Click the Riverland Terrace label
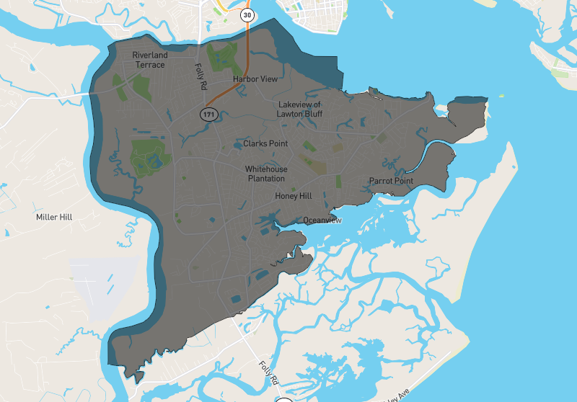point(149,60)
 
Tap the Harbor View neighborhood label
point(255,79)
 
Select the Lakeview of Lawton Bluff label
point(299,109)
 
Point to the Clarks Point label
point(265,143)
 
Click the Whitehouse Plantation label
point(266,173)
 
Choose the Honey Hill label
point(293,195)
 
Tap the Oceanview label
point(322,220)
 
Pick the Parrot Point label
point(391,180)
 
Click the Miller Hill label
point(54,216)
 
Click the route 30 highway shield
point(248,14)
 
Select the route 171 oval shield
point(208,115)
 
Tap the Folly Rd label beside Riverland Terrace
point(201,76)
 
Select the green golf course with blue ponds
point(148,157)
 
